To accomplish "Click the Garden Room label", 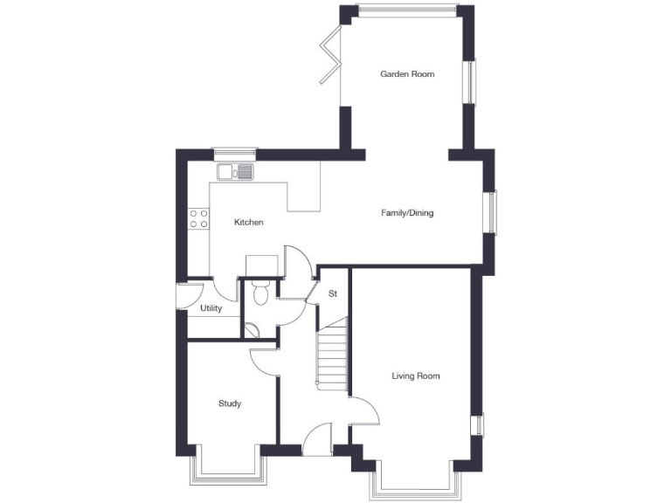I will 407,74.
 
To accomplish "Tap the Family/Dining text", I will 407,213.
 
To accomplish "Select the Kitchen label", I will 249,223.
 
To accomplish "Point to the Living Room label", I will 415,376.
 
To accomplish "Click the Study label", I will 230,403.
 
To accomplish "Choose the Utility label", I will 211,308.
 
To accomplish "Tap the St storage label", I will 333,294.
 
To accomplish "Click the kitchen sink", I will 236,171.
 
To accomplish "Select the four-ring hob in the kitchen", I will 198,218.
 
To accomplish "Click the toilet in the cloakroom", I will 259,294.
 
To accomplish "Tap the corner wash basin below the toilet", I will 250,329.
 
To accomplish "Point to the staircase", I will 332,358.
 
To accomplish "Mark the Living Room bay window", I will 414,485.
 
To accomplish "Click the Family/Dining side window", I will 492,213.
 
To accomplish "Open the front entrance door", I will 319,434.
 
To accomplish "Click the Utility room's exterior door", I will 183,297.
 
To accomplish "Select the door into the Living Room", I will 365,411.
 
